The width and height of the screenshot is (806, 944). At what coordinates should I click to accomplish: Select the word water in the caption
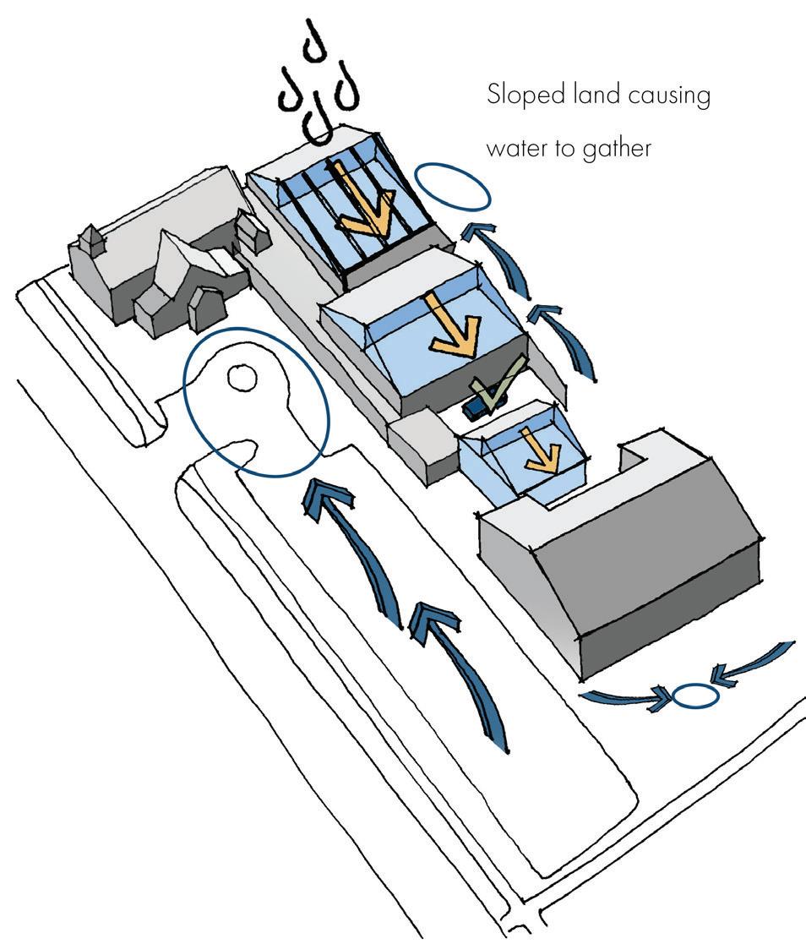pyautogui.click(x=516, y=148)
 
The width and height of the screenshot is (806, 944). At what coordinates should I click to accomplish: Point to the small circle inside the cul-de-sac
pyautogui.click(x=242, y=377)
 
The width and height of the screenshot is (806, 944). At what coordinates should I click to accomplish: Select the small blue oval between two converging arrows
pyautogui.click(x=694, y=697)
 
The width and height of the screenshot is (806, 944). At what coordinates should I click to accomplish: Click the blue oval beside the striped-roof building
pyautogui.click(x=454, y=186)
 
